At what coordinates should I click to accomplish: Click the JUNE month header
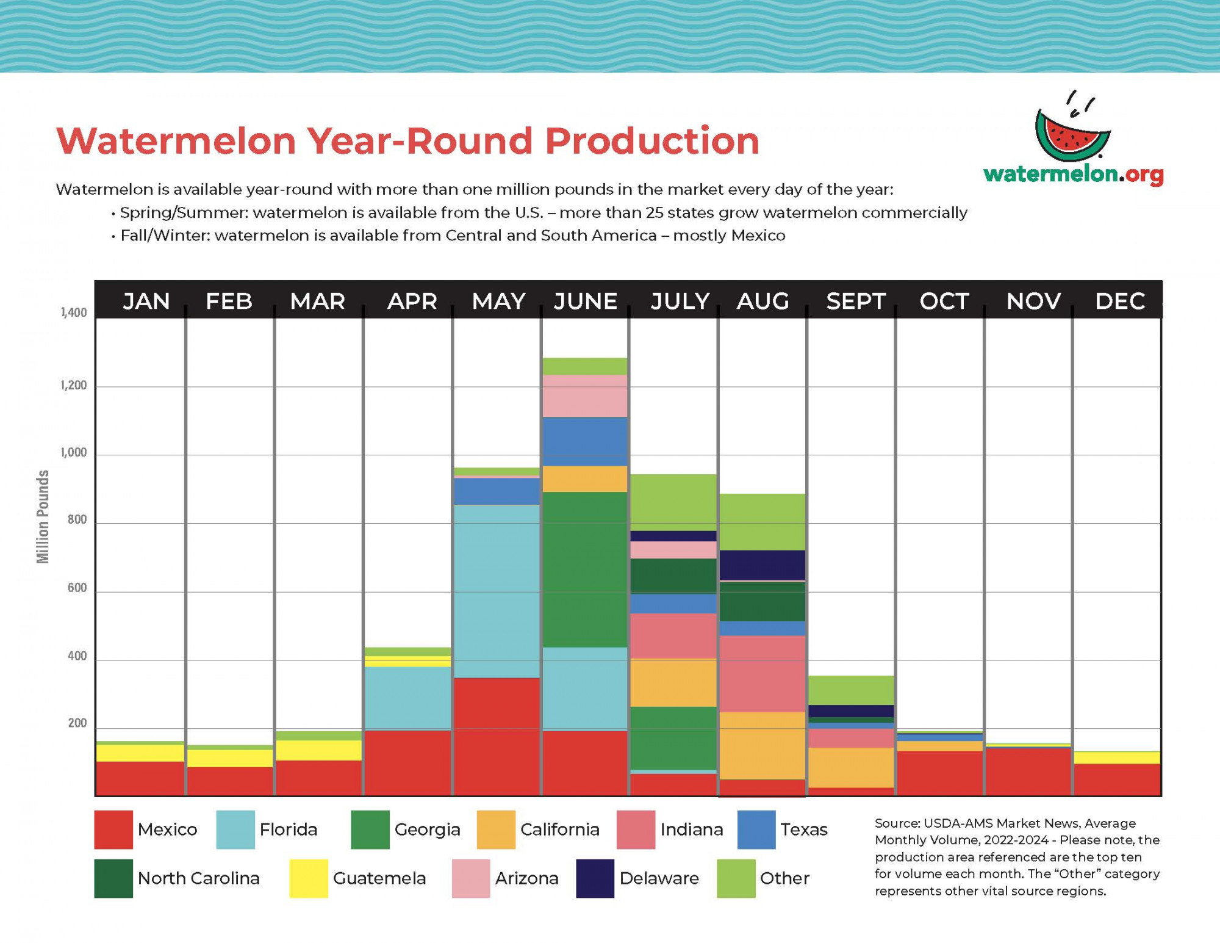pos(585,301)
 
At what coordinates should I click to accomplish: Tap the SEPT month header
pos(855,301)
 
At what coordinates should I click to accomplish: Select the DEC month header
pos(1120,301)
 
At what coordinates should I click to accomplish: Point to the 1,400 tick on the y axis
pos(74,313)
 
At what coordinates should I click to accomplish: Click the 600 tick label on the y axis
pos(77,588)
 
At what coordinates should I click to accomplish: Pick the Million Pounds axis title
pos(43,516)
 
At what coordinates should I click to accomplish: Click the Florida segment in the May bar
pos(497,591)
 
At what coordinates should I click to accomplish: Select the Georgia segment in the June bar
pos(585,569)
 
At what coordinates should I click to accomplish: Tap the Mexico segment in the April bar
pos(407,763)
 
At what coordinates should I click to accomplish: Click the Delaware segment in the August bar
pos(762,565)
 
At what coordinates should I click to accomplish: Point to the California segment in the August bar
pos(762,745)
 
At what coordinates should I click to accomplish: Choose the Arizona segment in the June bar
pos(585,396)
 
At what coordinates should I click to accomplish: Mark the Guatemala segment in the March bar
pos(318,750)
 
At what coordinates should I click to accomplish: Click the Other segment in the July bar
pos(673,502)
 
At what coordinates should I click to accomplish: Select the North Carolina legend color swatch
pos(113,878)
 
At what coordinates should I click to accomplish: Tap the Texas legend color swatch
pos(756,829)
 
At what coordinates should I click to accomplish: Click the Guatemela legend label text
pos(379,878)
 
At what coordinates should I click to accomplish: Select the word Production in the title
pos(652,141)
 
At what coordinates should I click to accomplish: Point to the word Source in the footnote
pos(897,823)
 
